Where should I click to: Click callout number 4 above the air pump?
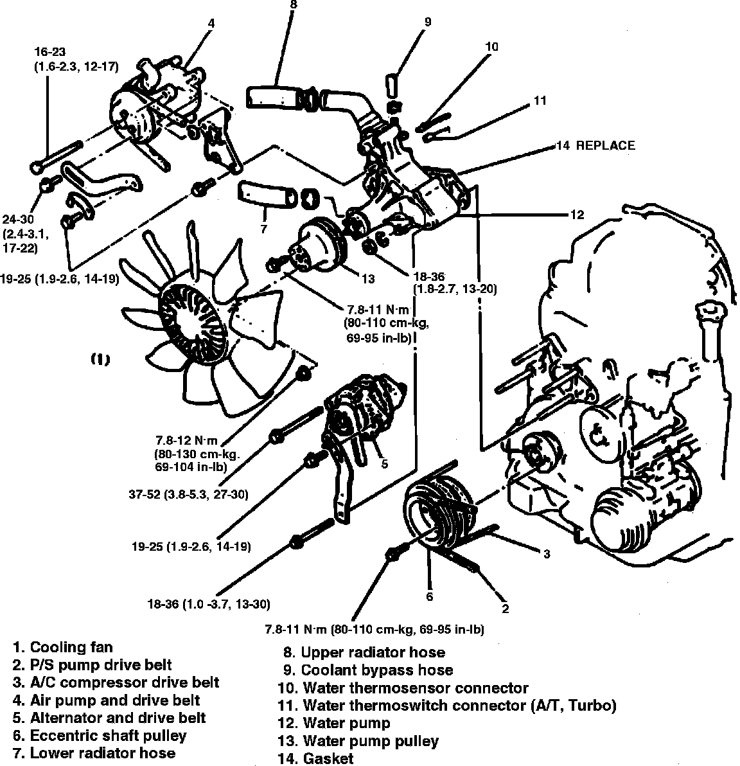211,23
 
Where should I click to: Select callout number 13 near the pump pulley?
367,279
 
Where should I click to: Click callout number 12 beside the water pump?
577,215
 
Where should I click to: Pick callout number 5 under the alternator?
384,464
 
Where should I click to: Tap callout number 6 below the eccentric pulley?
430,596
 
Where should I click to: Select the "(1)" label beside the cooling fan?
101,360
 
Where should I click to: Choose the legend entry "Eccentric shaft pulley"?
108,735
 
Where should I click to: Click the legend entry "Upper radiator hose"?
373,652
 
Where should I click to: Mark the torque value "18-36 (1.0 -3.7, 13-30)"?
208,604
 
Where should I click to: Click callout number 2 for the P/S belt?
506,609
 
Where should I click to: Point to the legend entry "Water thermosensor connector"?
415,688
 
